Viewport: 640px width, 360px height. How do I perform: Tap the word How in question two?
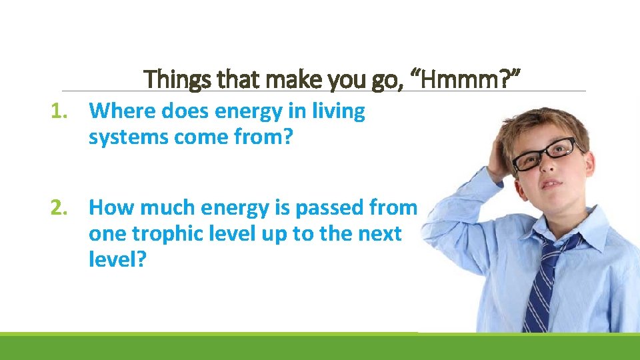109,208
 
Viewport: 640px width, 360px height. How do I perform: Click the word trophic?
166,234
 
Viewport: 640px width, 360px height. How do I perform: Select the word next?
379,234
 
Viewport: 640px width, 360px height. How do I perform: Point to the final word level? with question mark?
117,261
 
